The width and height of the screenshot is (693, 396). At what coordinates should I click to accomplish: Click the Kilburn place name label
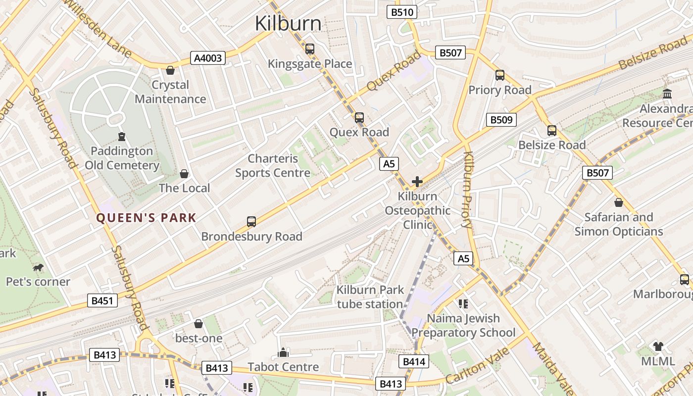(x=288, y=23)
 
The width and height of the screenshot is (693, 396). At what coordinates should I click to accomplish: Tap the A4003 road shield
(x=208, y=58)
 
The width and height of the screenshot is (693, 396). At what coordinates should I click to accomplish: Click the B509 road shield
(x=501, y=119)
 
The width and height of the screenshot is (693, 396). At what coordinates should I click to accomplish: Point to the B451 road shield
(x=102, y=300)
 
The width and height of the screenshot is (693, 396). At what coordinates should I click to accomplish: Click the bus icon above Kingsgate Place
(x=310, y=49)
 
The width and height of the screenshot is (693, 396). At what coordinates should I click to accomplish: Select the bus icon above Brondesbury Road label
(x=251, y=221)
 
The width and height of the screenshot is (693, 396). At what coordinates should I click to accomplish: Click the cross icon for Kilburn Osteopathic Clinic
(x=417, y=182)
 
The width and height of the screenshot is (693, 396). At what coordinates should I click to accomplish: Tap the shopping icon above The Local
(x=184, y=174)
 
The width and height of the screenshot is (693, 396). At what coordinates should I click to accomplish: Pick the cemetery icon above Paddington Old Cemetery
(x=122, y=136)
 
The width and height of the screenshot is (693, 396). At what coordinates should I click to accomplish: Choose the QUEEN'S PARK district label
(x=146, y=218)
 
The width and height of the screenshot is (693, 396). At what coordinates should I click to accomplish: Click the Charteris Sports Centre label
(x=273, y=166)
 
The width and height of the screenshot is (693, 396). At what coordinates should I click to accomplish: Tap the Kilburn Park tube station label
(x=370, y=297)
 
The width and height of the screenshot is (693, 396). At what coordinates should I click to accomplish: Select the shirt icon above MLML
(x=658, y=346)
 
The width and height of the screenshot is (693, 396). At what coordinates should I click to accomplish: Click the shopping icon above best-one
(x=198, y=324)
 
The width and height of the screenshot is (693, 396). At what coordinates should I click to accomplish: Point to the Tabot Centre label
(x=283, y=367)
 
